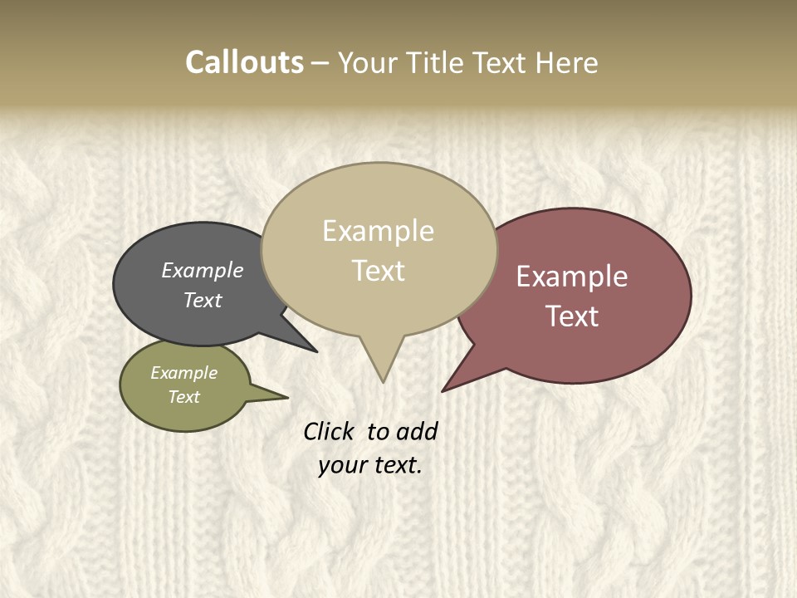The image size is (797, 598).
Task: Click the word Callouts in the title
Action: tap(244, 62)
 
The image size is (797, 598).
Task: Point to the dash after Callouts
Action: tap(320, 63)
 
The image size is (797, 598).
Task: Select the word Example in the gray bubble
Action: tap(203, 271)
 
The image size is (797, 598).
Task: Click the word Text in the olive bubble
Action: tap(184, 397)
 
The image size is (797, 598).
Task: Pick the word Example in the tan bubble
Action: tap(379, 231)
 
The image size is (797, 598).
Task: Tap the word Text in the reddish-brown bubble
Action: tap(572, 316)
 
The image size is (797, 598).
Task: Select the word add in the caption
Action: tap(417, 432)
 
